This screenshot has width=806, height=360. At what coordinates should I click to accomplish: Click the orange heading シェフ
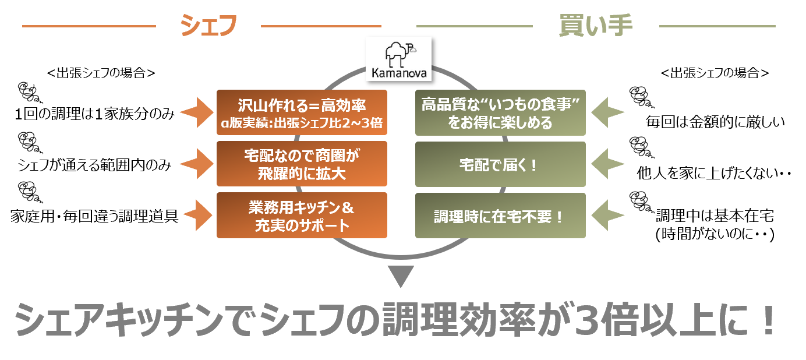(x=208, y=25)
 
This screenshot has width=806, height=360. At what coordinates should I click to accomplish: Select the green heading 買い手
(x=595, y=25)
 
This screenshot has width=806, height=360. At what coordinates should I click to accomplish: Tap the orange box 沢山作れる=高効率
(x=301, y=113)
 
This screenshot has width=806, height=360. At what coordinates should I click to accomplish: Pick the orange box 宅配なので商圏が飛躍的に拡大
(x=301, y=164)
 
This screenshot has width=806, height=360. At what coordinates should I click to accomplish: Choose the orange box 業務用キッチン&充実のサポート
(x=301, y=215)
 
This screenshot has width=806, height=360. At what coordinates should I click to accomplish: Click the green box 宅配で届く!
(x=500, y=164)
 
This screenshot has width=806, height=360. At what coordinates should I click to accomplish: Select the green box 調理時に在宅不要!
(x=500, y=216)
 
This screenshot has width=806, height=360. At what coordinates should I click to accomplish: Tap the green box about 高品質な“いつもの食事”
(x=500, y=113)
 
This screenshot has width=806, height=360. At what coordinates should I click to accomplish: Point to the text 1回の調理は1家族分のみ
(x=95, y=114)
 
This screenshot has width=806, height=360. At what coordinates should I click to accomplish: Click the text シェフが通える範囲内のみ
(x=94, y=165)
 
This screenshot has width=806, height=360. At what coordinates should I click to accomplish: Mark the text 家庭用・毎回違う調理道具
(x=94, y=217)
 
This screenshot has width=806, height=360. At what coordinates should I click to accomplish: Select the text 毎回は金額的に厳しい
(x=715, y=122)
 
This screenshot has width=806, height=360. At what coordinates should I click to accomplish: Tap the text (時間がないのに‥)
(x=714, y=234)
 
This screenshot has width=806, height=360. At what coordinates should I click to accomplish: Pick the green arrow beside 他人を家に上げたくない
(x=608, y=164)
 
